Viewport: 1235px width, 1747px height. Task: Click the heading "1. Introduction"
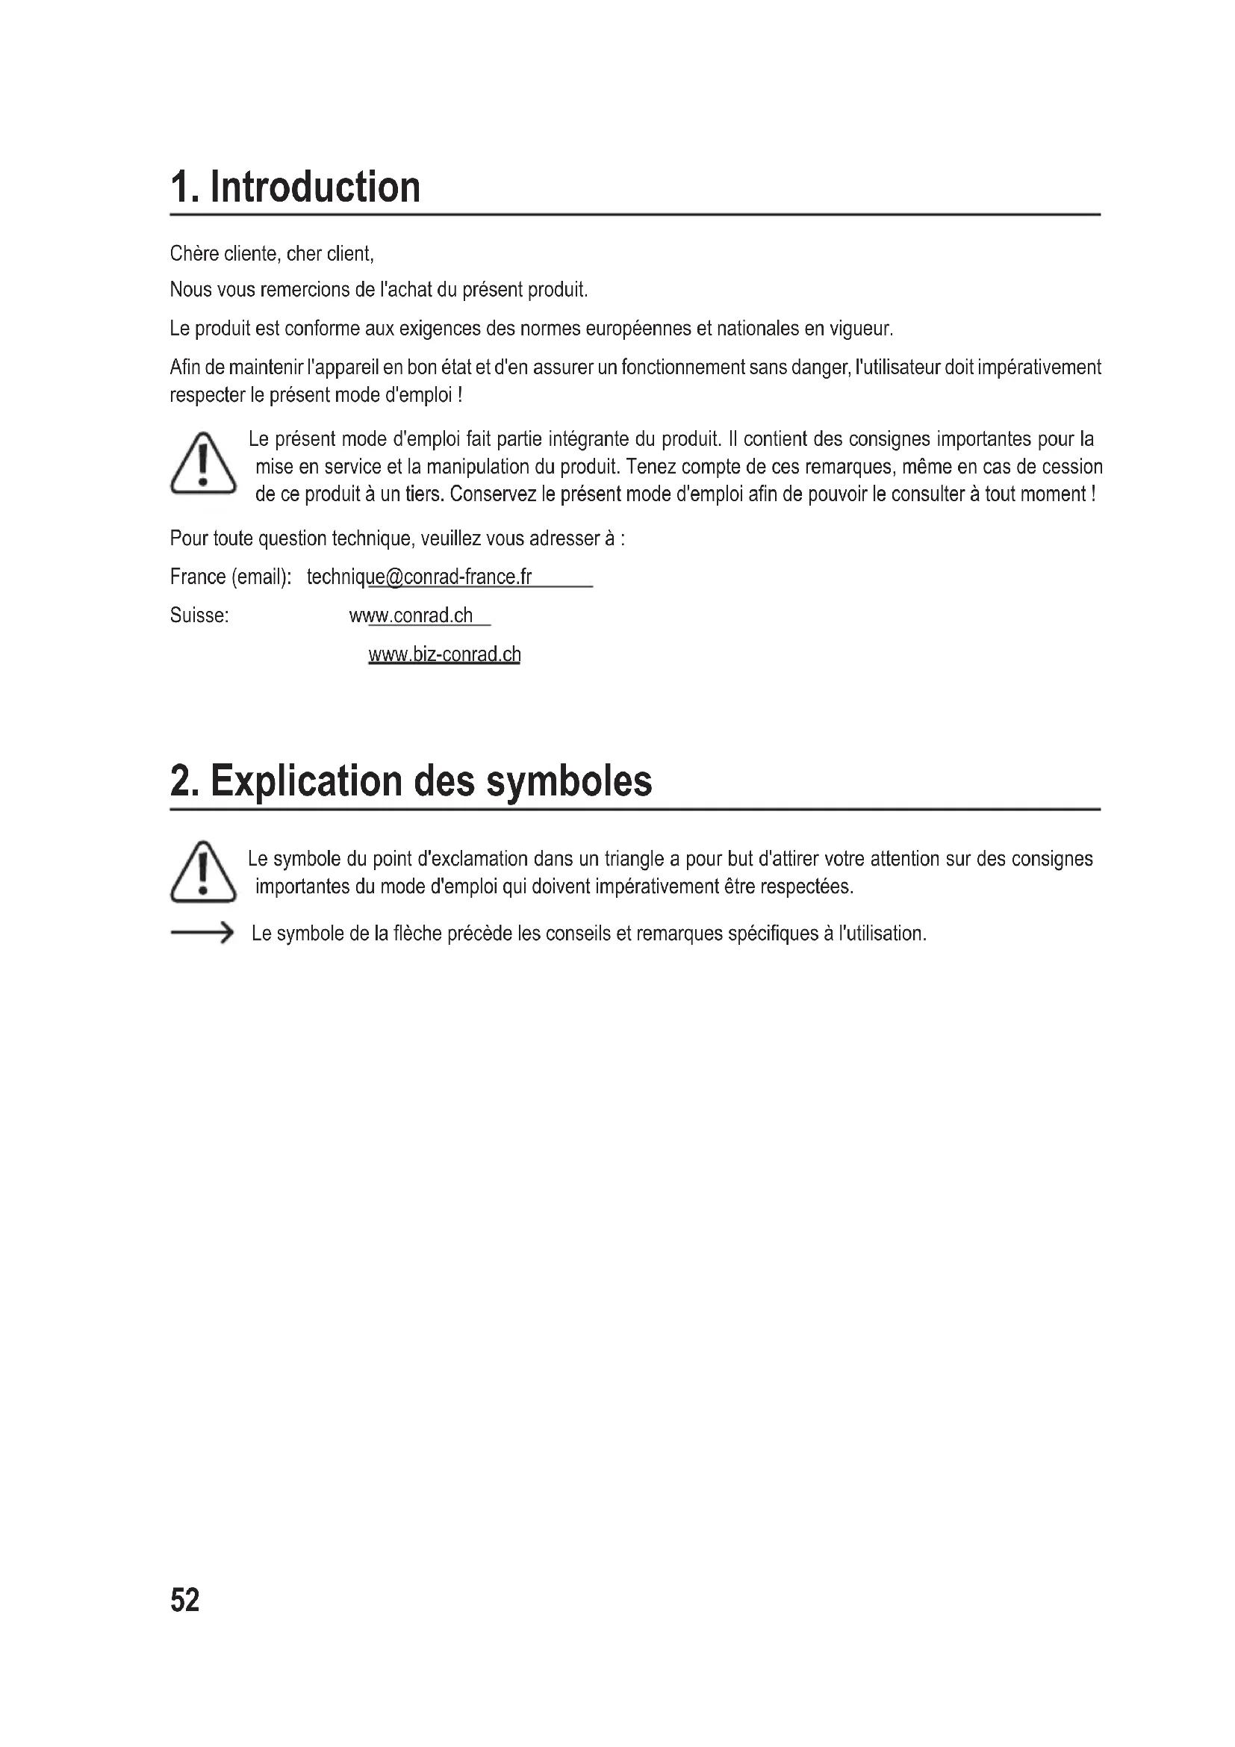point(295,187)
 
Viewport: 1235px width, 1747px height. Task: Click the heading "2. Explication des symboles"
point(411,781)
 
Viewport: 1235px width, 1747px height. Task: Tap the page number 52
point(184,1599)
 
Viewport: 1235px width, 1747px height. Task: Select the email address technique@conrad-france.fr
point(419,577)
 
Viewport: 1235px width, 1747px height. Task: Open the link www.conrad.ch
point(411,615)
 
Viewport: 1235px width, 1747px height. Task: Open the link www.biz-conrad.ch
point(444,654)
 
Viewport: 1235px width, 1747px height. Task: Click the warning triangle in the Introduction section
point(202,463)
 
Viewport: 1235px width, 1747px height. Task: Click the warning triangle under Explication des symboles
point(202,872)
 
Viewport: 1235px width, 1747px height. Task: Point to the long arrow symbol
point(202,932)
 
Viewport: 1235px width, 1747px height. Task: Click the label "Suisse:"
point(199,615)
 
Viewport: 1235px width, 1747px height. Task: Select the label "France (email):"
point(231,577)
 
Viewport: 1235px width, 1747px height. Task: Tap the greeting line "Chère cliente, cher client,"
point(272,254)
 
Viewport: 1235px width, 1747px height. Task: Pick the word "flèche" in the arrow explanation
point(418,934)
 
